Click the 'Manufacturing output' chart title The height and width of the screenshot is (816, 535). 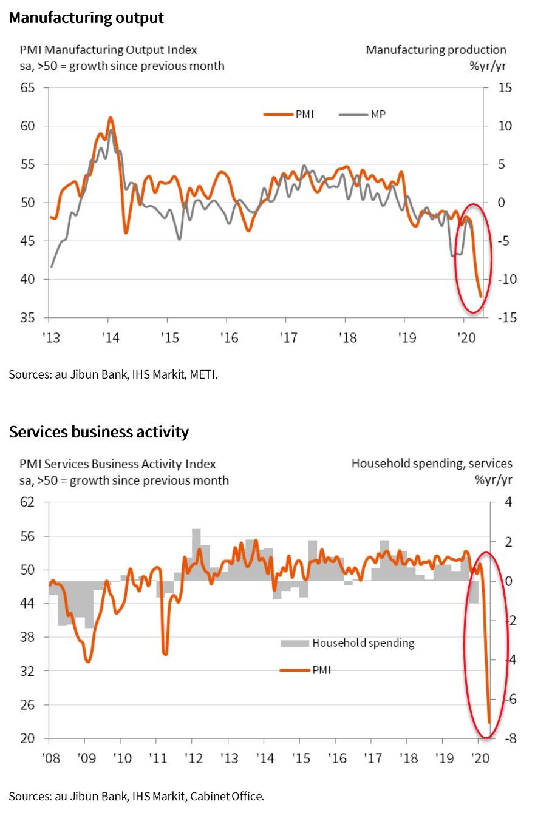click(x=86, y=18)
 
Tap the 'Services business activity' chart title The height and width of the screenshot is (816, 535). click(x=98, y=432)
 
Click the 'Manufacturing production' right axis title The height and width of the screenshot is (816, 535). click(x=435, y=50)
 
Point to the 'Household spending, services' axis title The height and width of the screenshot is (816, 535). click(x=431, y=464)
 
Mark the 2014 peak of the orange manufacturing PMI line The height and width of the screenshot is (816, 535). click(x=110, y=118)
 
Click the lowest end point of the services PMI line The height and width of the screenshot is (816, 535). click(x=489, y=723)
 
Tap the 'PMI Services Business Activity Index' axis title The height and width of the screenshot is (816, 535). click(x=118, y=464)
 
